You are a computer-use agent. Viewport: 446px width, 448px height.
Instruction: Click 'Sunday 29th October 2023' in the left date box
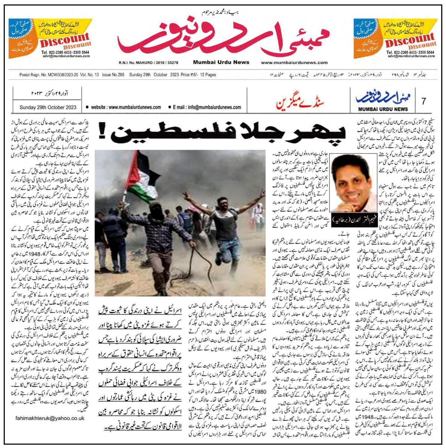(48, 108)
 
